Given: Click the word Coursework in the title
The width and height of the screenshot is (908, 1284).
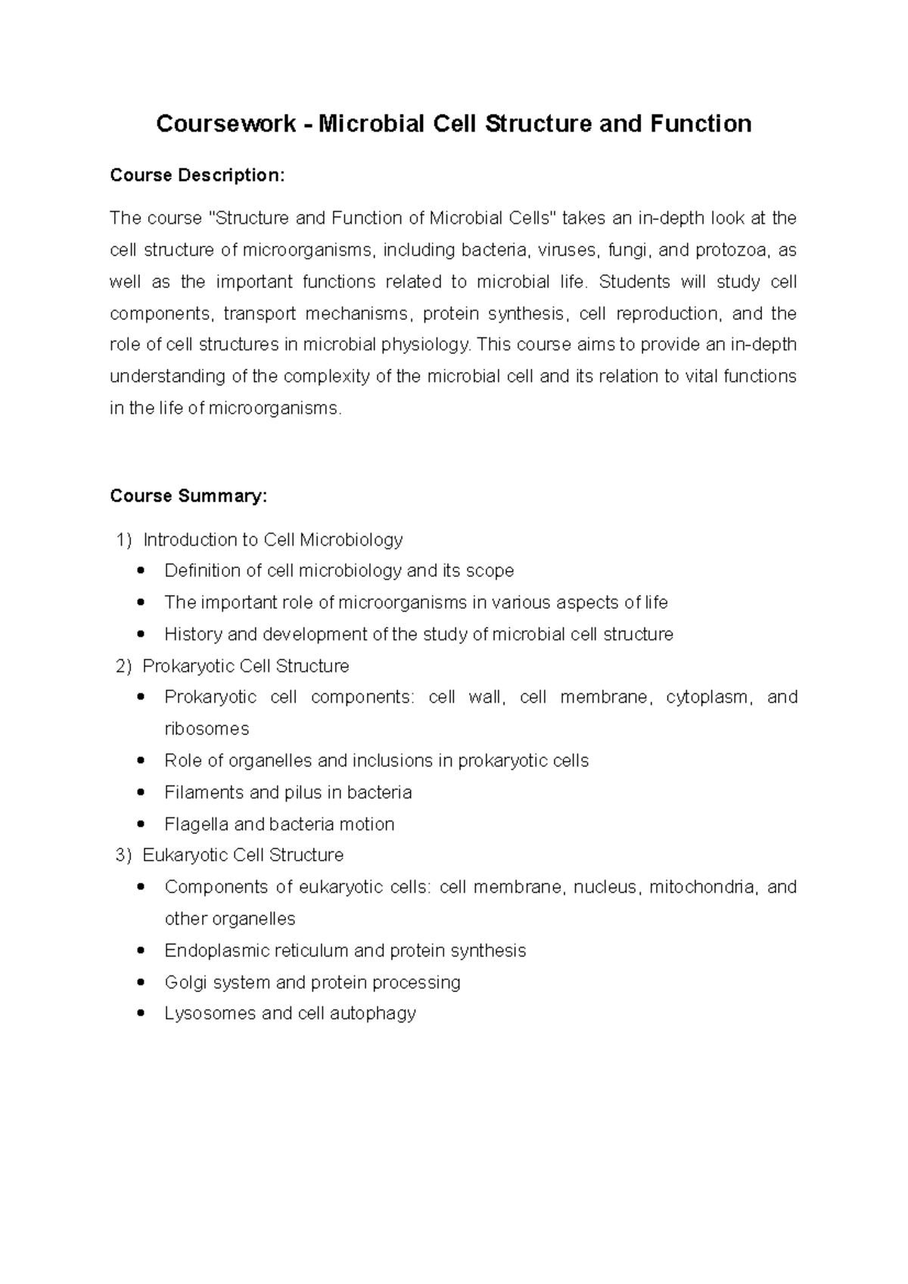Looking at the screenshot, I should pyautogui.click(x=225, y=124).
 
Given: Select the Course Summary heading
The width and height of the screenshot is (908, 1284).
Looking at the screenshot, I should pyautogui.click(x=188, y=496).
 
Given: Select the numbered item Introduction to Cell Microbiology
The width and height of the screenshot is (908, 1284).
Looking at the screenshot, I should pyautogui.click(x=272, y=540).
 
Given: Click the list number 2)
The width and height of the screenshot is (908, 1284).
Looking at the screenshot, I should pyautogui.click(x=123, y=666).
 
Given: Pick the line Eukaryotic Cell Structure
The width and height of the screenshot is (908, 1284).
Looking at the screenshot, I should pyautogui.click(x=243, y=855).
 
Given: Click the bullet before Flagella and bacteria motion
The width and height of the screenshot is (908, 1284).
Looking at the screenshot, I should pyautogui.click(x=140, y=824).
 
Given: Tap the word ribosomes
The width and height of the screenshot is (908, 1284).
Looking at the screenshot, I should pyautogui.click(x=207, y=730).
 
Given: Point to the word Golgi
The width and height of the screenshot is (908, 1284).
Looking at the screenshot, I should pyautogui.click(x=185, y=982).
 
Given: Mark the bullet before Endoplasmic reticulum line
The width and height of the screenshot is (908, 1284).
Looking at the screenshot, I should pyautogui.click(x=140, y=951).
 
